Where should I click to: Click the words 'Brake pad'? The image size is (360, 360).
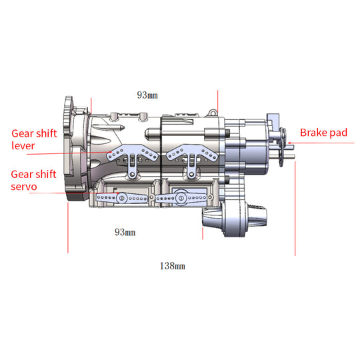pyautogui.click(x=323, y=133)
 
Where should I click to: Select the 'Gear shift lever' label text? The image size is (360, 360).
pyautogui.click(x=33, y=139)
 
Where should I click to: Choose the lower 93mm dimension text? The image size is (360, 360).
pyautogui.click(x=125, y=232)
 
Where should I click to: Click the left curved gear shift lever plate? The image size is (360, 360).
pyautogui.click(x=133, y=153)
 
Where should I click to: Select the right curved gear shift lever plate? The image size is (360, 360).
pyautogui.click(x=193, y=153)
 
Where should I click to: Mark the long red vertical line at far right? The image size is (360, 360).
pyautogui.click(x=295, y=207)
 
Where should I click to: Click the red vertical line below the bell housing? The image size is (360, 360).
pyautogui.click(x=68, y=227)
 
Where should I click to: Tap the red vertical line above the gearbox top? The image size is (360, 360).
pyautogui.click(x=217, y=100)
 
